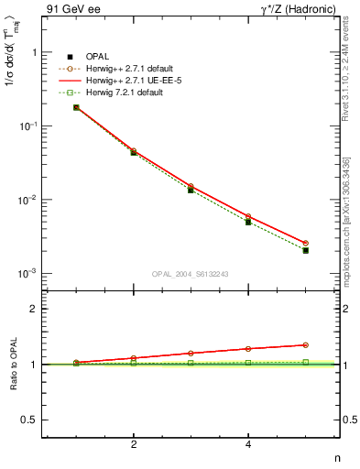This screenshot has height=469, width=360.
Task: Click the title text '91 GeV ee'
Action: click(71, 10)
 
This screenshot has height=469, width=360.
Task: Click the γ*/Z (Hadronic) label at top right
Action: click(297, 10)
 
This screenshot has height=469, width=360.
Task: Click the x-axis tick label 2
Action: click(134, 445)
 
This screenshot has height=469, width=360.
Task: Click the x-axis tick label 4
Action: click(248, 445)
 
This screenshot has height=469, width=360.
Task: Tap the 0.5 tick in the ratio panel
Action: click(29, 420)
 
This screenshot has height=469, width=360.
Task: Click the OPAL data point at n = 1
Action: click(76, 107)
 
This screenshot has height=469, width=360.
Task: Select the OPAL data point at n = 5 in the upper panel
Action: click(306, 250)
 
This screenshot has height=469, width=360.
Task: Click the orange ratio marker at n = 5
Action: click(306, 345)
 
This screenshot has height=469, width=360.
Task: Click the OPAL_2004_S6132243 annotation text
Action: click(190, 273)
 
